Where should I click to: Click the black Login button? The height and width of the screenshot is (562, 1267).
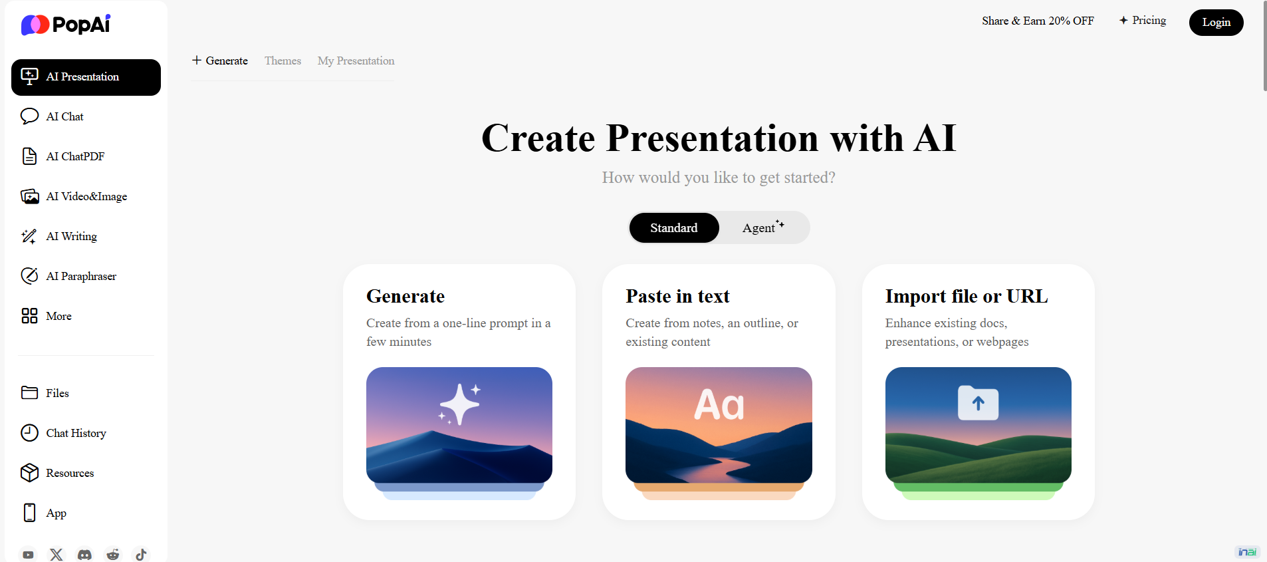(x=1216, y=23)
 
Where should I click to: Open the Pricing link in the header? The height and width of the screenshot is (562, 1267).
(x=1143, y=21)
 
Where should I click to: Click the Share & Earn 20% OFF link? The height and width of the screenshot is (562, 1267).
(x=1038, y=21)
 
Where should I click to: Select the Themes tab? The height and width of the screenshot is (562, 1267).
(x=283, y=61)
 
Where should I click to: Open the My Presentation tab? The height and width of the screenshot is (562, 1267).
(x=356, y=61)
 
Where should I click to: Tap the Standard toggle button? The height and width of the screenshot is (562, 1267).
(x=674, y=228)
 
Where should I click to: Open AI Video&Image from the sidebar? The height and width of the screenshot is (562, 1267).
(x=86, y=196)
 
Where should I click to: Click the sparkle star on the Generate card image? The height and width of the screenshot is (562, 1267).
(x=459, y=404)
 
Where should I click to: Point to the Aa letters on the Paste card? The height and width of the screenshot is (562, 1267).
(x=719, y=404)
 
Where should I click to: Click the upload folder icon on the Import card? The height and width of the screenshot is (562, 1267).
(x=978, y=402)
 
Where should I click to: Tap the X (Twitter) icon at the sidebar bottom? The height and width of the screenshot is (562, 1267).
(x=57, y=554)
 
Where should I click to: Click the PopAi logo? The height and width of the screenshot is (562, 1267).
(x=66, y=25)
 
